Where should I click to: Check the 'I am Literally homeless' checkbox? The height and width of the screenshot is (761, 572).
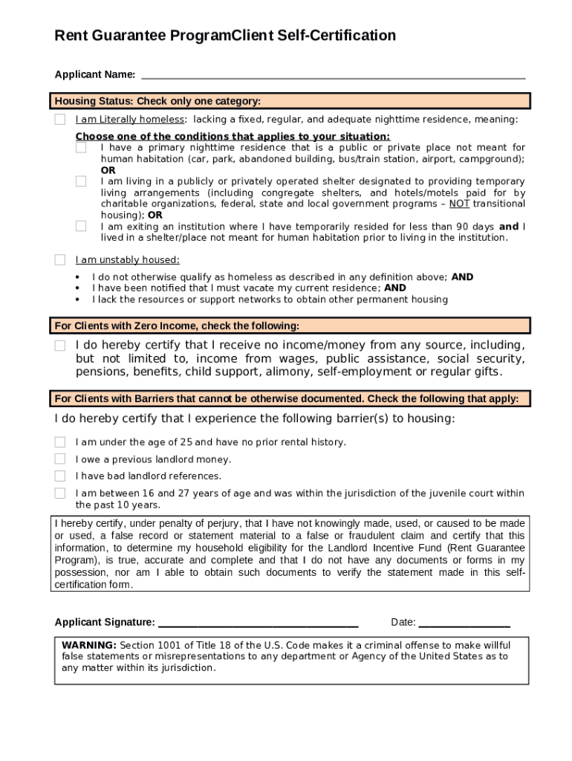59,120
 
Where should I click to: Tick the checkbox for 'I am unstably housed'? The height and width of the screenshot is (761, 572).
59,260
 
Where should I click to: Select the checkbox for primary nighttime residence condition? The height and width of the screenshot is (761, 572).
81,148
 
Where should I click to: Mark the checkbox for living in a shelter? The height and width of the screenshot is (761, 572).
81,181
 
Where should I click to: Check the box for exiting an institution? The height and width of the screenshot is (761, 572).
81,227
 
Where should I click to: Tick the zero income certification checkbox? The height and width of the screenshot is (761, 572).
59,346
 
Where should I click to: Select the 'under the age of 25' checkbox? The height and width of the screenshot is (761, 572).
59,442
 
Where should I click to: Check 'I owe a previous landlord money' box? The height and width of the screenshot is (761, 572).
59,459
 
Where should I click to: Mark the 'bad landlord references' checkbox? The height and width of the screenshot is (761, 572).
59,476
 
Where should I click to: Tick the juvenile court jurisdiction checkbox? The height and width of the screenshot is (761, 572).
59,493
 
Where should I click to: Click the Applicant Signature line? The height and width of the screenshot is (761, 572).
259,623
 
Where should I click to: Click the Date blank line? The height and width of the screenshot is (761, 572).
464,623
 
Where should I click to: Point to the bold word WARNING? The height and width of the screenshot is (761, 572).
89,645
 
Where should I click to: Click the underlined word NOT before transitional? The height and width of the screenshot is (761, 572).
459,204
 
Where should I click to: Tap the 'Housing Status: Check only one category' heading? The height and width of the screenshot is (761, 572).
157,101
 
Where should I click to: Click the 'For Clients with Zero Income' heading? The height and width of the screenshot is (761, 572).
177,326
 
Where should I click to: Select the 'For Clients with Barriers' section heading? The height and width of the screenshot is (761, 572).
286,398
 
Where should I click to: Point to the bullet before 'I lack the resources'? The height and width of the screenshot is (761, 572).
78,299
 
